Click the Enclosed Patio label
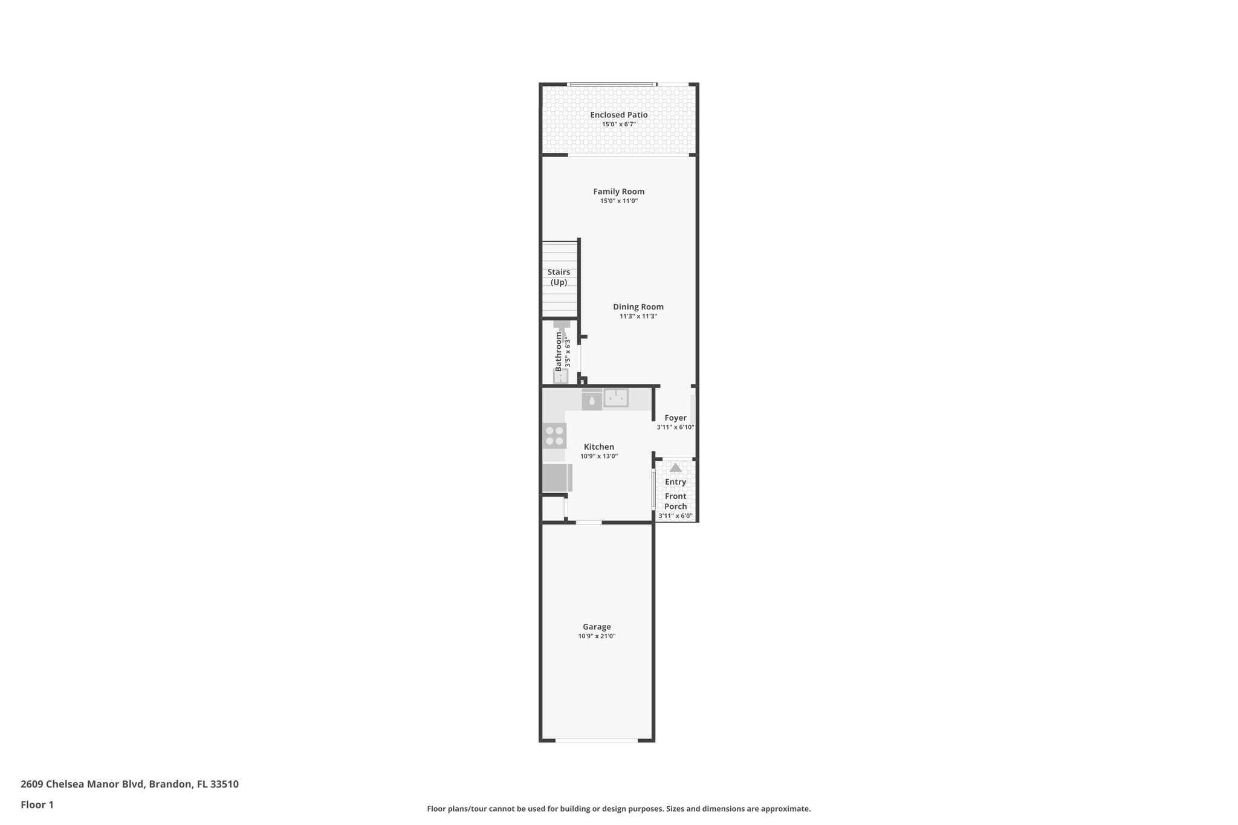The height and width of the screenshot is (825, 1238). [x=618, y=115]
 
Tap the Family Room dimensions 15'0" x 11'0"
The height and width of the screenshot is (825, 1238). [x=618, y=201]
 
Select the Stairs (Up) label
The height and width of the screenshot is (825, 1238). [x=559, y=277]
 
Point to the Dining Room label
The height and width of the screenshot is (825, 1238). [x=638, y=306]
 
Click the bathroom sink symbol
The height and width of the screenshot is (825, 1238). [x=561, y=376]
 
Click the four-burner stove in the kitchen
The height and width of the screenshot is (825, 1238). [x=554, y=436]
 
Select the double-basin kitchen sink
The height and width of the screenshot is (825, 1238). [x=616, y=398]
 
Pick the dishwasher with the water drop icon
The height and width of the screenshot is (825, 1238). [x=592, y=400]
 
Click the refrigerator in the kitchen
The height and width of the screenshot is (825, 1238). [x=557, y=478]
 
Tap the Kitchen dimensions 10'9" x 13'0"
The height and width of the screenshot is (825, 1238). [x=598, y=456]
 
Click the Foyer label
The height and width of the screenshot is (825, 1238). [x=675, y=418]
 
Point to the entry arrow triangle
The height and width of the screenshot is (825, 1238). [x=675, y=468]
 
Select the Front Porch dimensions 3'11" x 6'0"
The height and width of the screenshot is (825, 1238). [x=675, y=516]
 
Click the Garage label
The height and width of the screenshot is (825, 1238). [x=596, y=627]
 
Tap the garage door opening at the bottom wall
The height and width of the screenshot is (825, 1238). [x=596, y=740]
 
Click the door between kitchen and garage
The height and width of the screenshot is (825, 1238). [x=588, y=522]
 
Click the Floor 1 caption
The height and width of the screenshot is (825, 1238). [x=37, y=804]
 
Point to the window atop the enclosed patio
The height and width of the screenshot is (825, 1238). [x=612, y=84]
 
